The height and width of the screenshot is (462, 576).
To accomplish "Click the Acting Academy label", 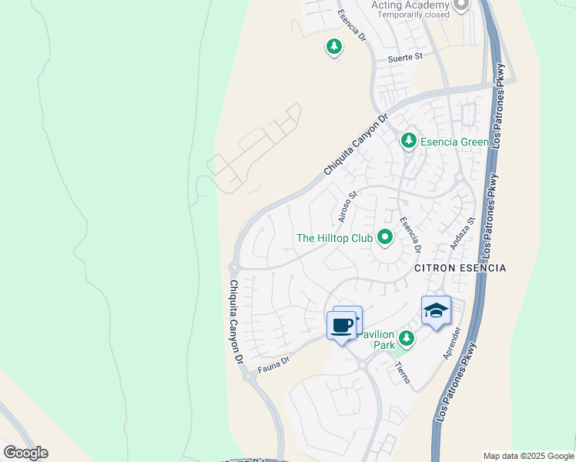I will click(x=409, y=5).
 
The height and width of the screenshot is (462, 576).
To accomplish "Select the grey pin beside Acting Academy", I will click(x=461, y=5).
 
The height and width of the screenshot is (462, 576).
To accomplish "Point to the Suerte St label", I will click(x=405, y=57).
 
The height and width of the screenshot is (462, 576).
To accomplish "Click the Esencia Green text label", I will click(x=455, y=142).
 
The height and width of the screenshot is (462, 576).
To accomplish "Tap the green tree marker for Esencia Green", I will click(x=409, y=141).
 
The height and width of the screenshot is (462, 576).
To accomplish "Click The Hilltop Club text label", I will click(x=334, y=238).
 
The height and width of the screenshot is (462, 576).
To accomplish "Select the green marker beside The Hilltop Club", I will click(x=384, y=238).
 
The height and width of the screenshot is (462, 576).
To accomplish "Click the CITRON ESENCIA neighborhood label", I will click(x=460, y=268).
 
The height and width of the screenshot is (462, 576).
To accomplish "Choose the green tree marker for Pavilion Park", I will click(x=407, y=337).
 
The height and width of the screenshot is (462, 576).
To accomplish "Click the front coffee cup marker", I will click(x=342, y=326).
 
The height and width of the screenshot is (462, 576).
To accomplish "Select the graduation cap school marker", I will click(x=436, y=310).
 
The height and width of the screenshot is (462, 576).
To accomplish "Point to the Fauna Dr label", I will click(x=273, y=360).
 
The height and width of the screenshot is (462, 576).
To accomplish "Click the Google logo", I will click(x=25, y=453).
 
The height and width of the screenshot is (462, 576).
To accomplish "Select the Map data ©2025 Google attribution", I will click(x=528, y=456).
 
